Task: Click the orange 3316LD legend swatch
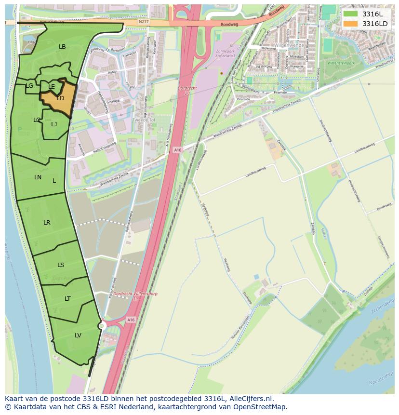[350, 24]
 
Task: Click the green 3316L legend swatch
[350, 14]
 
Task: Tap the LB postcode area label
[62, 47]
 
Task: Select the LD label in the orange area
[61, 98]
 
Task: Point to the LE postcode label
[52, 87]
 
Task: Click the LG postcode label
[29, 86]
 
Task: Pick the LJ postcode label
[54, 124]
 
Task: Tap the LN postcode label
[38, 177]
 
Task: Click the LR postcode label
[47, 223]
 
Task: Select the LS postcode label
[61, 265]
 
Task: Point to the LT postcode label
[67, 299]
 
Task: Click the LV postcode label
[78, 335]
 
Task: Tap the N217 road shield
[143, 22]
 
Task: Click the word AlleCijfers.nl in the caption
[250, 399]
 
